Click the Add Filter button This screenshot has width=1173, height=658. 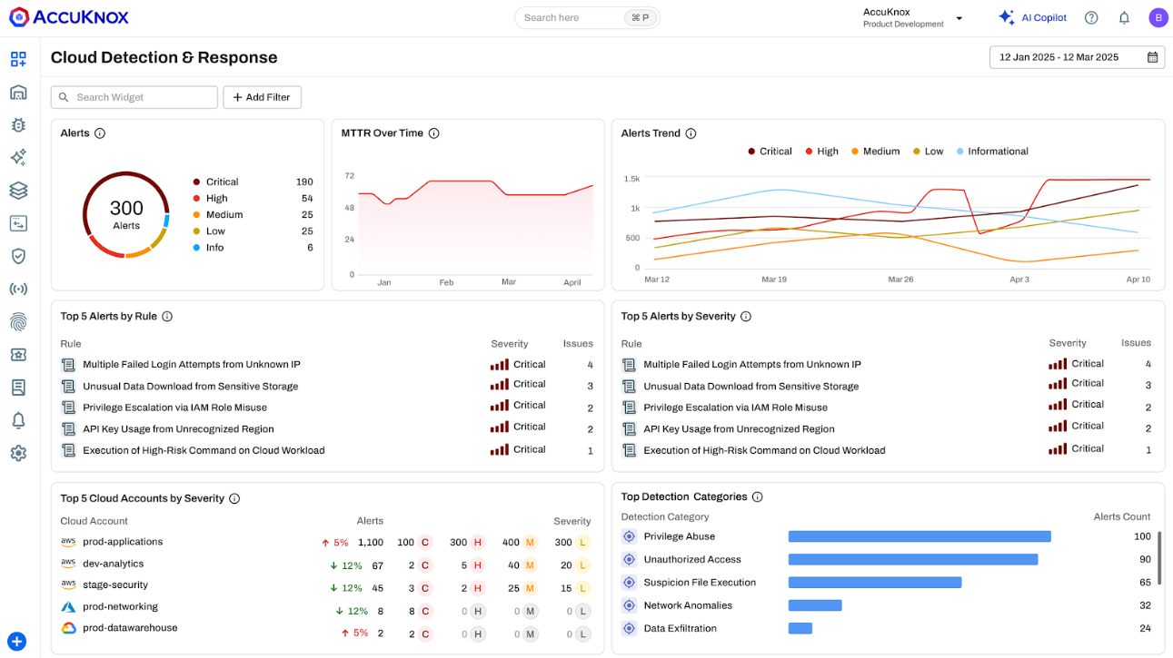[262, 97]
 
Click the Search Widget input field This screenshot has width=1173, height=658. [134, 97]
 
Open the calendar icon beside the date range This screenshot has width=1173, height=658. [1152, 57]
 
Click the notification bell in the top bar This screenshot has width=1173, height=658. [1124, 18]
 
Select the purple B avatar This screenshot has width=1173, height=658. [1158, 18]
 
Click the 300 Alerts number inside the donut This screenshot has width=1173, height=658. [126, 208]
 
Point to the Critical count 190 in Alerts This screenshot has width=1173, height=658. [304, 182]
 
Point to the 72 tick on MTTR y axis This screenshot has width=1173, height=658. [349, 176]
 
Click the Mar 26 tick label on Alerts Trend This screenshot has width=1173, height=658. [900, 280]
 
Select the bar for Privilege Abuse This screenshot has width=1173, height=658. [920, 536]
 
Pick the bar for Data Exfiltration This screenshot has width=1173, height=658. [800, 628]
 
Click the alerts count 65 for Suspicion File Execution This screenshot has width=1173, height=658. [1145, 582]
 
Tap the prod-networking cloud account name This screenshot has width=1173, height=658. [121, 607]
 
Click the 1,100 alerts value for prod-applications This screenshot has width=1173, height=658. [371, 543]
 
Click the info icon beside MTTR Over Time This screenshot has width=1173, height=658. [433, 133]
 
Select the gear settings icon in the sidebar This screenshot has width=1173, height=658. [18, 453]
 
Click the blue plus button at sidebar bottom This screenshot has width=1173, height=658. [16, 642]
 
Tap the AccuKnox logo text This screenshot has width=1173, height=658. [81, 17]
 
